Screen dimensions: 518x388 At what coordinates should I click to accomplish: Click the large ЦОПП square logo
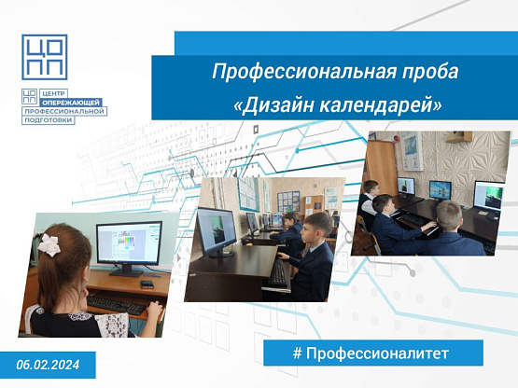coord(45,57)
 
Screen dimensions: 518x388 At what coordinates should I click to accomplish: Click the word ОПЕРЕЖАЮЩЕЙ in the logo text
coord(71,103)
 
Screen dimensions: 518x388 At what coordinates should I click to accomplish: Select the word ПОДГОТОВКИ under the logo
coord(49,120)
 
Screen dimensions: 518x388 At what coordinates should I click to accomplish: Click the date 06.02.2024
coord(48,365)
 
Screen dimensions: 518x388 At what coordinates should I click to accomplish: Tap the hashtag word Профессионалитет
coord(377,353)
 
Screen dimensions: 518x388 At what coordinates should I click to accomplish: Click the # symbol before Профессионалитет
coord(298,353)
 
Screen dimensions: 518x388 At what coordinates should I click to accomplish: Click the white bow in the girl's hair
coord(49,244)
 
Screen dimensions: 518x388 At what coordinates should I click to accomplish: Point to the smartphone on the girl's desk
coord(147,284)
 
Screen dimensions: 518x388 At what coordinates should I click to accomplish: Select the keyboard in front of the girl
coord(117,305)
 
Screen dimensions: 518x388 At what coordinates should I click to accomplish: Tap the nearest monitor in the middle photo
coord(217,231)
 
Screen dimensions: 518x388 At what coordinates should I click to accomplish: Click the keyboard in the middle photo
coord(278,272)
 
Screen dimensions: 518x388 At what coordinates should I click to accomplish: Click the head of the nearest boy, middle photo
coord(318,227)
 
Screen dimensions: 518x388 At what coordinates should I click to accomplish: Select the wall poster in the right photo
coord(412,151)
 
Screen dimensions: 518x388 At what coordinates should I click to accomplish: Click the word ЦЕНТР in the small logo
coord(53,93)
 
